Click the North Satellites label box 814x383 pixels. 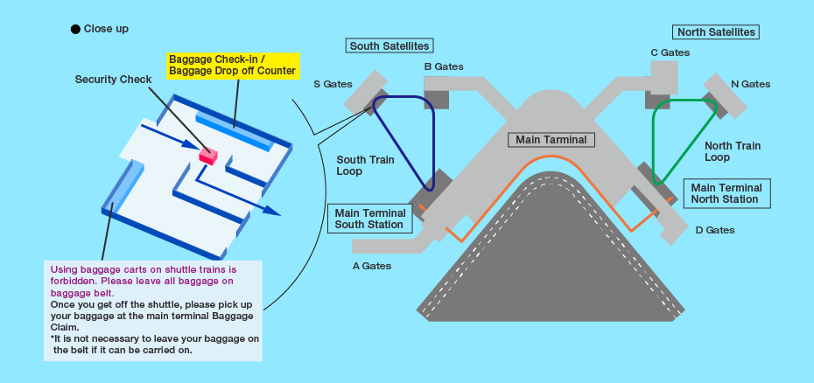click(x=716, y=31)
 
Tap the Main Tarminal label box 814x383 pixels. click(x=551, y=139)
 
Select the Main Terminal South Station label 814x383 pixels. click(x=371, y=219)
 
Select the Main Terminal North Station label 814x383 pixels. click(x=726, y=193)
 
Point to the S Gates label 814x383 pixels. click(x=333, y=84)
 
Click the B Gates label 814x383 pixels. click(x=444, y=66)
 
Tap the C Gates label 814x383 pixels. click(x=670, y=52)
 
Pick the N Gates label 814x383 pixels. click(x=750, y=84)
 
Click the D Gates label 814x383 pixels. click(x=715, y=230)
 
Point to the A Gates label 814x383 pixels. click(x=372, y=265)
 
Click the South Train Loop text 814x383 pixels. click(x=365, y=165)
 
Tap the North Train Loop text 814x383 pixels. click(x=733, y=151)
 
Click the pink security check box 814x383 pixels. click(x=207, y=156)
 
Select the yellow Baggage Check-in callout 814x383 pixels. click(x=233, y=64)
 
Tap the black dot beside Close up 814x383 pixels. click(x=75, y=29)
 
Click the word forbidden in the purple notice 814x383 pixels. click(x=74, y=281)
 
